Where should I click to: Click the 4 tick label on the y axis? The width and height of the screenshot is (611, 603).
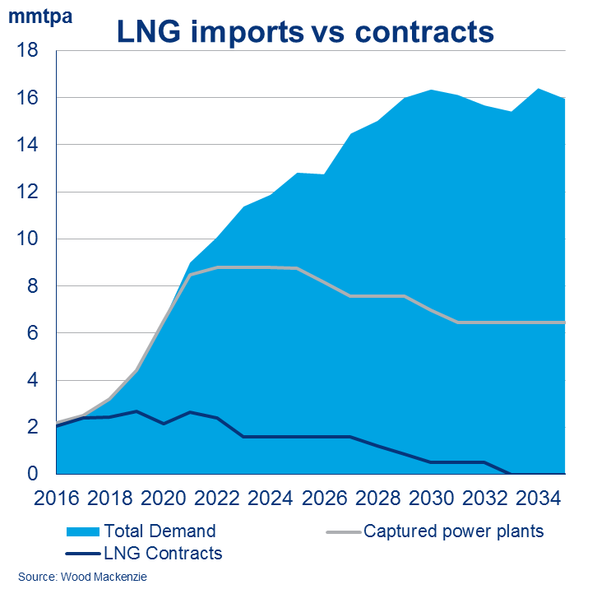[34, 381]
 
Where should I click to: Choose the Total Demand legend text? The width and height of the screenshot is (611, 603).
[160, 531]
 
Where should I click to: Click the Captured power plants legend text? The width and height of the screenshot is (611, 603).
[453, 531]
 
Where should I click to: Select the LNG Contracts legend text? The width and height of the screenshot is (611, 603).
[162, 554]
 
